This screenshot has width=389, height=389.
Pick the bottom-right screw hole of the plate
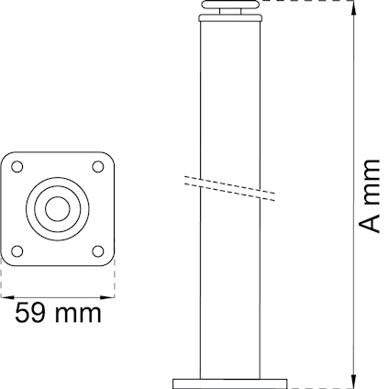click(98, 248)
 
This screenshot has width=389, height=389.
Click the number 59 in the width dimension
click(31, 313)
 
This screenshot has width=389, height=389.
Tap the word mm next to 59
click(77, 315)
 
